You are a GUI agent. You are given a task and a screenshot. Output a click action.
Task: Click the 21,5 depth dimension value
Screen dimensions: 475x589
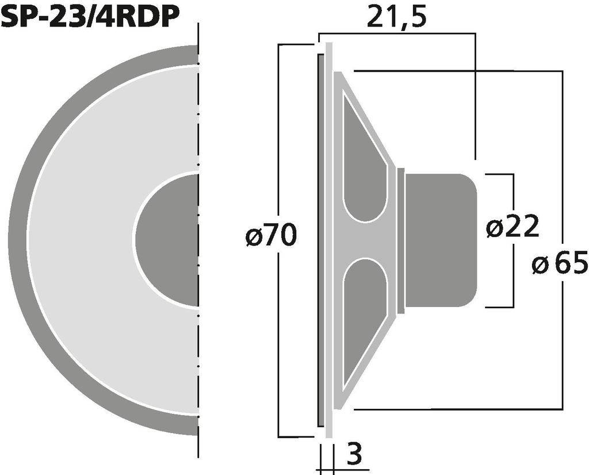[x=396, y=17]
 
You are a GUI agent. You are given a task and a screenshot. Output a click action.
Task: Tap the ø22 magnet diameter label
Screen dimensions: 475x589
[x=512, y=228]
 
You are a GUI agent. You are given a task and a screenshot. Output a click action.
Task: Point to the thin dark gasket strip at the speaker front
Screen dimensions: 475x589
[x=319, y=239]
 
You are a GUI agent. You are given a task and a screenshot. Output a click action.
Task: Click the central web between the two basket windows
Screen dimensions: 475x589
[x=368, y=239]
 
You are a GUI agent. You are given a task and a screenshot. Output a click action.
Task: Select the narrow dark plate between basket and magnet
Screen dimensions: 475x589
[x=400, y=239]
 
